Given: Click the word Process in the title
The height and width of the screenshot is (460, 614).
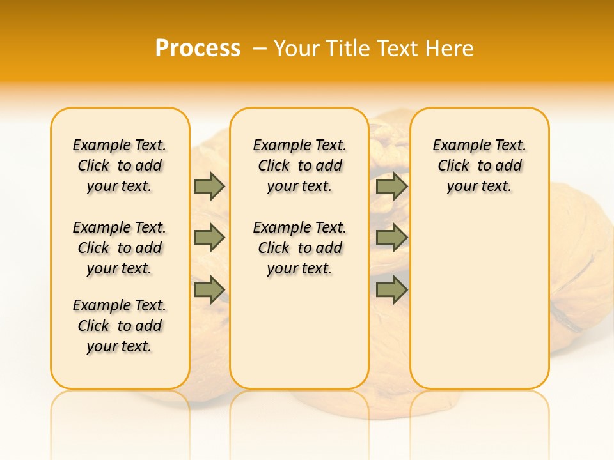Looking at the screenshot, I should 198,49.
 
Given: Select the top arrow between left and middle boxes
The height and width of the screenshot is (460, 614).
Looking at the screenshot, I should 209,186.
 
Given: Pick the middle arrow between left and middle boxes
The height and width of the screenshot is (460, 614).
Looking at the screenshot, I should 209,238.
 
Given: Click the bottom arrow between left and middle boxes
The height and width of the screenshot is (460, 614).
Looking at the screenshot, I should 209,289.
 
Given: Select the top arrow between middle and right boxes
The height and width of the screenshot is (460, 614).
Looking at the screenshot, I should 391,186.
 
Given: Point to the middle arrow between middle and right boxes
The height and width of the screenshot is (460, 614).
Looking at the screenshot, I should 391,238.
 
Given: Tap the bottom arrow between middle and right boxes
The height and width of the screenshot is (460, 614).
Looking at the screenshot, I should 391,289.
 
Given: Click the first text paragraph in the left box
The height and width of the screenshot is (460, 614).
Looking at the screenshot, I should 120,165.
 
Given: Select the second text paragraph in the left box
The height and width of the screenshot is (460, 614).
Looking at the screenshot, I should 120,248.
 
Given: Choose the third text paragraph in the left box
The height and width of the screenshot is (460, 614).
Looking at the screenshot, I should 120,326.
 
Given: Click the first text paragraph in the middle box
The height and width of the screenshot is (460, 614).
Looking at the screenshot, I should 300,165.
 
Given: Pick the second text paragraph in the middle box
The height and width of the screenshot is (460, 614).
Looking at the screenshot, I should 300,248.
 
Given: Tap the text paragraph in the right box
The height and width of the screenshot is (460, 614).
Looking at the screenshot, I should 480,165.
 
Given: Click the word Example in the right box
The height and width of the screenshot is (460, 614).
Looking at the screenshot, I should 459,146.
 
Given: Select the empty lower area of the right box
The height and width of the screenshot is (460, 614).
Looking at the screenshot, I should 480,300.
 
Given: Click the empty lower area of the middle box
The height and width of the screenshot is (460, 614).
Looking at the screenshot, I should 299,332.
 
